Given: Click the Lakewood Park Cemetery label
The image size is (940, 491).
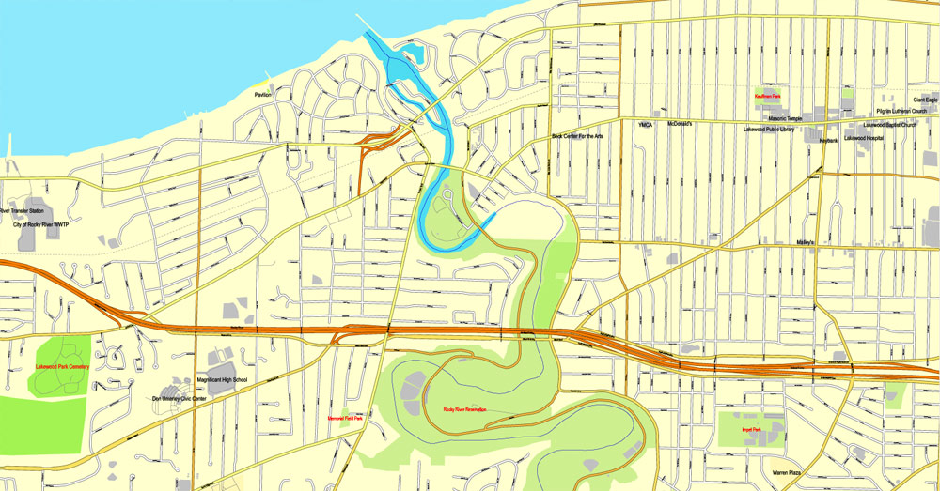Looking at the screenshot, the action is click(62, 366).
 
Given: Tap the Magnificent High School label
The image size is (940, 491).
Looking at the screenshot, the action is click(221, 380).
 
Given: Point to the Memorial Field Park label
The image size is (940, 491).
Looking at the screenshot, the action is click(345, 419).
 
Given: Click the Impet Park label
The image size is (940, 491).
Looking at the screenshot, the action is click(750, 430).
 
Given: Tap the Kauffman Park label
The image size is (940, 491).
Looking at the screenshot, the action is click(768, 96).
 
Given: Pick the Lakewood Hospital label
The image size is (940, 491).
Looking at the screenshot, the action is click(866, 139).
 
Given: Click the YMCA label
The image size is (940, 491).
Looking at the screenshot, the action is click(646, 124).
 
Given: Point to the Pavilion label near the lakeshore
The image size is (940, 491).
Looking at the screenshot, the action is click(262, 95).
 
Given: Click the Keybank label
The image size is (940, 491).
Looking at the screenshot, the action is click(828, 141).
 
